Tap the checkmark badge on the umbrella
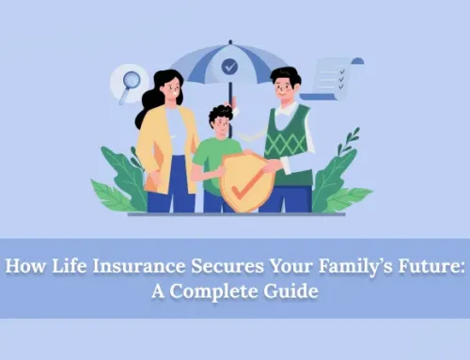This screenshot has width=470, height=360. click(229, 67)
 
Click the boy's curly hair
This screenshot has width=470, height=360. click(219, 116)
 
